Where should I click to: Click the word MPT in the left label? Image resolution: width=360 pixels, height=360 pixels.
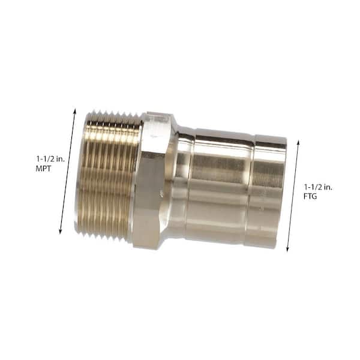tap(44, 169)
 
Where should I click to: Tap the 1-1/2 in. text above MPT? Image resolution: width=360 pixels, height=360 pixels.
tap(50, 158)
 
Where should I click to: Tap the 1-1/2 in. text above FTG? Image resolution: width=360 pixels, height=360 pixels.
tap(318, 187)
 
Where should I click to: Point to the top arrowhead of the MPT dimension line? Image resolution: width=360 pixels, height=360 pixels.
tap(74, 110)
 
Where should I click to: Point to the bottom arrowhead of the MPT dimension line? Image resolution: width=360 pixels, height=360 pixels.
tap(61, 231)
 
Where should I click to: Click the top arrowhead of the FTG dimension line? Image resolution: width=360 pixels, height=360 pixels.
tap(298, 143)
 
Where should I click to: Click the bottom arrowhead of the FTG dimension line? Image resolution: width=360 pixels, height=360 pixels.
tap(287, 249)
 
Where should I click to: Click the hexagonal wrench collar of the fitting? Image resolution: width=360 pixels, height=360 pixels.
tap(152, 180)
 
